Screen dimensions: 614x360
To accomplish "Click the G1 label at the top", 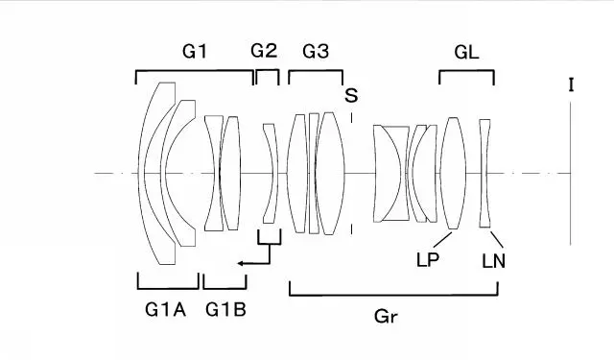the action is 194,51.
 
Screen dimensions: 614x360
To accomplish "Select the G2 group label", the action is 264,51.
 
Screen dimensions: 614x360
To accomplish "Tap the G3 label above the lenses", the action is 316,51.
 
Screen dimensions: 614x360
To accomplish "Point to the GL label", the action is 466,52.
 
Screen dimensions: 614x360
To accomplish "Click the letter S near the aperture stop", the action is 351,95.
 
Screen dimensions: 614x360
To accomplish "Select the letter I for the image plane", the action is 572,85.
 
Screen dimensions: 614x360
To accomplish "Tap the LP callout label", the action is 427,260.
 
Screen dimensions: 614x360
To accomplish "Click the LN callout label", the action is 493,261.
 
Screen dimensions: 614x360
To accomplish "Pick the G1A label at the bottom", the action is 165,310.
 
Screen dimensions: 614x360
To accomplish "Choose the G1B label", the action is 226,310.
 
